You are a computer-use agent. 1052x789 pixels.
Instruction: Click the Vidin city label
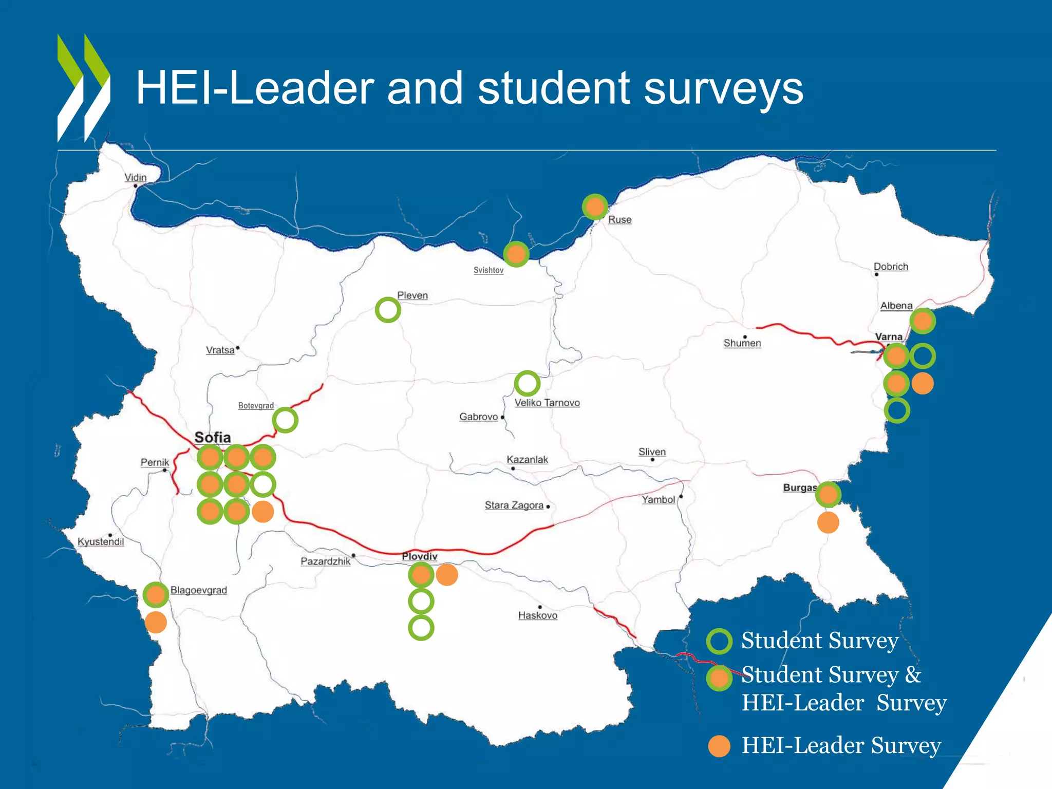point(135,177)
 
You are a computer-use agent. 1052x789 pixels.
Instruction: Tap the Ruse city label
point(619,219)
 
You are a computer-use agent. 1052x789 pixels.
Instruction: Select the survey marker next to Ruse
point(595,207)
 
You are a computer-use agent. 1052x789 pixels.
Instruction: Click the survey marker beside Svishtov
point(516,254)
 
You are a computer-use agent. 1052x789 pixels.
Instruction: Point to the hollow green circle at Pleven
point(388,310)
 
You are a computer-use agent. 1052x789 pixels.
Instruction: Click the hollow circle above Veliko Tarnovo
point(527,383)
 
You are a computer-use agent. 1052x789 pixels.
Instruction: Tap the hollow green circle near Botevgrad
point(285,420)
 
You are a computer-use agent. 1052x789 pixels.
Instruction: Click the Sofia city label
point(213,438)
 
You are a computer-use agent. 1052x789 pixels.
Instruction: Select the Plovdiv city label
point(420,556)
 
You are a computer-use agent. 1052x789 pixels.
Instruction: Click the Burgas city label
point(799,487)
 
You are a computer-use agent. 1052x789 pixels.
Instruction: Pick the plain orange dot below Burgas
point(828,522)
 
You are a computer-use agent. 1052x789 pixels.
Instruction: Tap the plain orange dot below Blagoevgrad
point(156,622)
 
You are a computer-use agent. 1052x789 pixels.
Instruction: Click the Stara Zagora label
point(514,505)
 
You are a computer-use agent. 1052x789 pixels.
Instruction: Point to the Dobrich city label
point(891,267)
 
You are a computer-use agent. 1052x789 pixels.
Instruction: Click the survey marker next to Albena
point(923,321)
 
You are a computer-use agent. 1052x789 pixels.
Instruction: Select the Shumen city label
point(742,343)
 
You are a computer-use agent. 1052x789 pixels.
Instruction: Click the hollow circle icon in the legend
point(719,641)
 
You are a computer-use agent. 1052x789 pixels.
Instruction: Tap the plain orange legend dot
point(719,746)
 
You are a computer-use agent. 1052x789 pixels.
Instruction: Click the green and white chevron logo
point(83,88)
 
